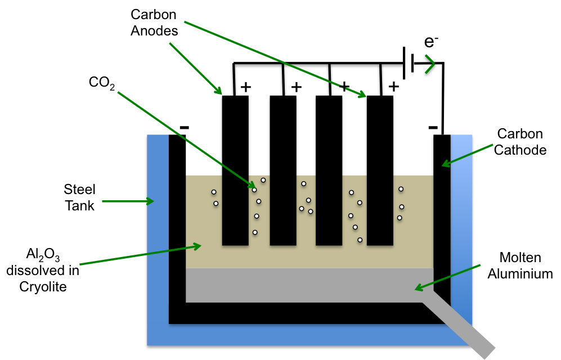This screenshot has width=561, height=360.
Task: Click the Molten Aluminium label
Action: (520, 265)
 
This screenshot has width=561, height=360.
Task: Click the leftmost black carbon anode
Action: (235, 169)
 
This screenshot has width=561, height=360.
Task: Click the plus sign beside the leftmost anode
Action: (246, 87)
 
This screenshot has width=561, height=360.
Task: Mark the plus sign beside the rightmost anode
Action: (394, 87)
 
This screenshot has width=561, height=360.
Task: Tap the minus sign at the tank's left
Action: (184, 128)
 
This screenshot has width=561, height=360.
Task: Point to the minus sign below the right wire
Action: (433, 128)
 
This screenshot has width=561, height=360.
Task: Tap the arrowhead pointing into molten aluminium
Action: (418, 288)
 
